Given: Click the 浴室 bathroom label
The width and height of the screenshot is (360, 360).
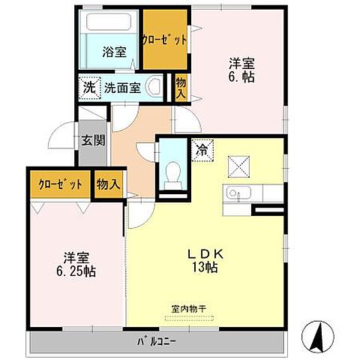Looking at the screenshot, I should pyautogui.click(x=115, y=52).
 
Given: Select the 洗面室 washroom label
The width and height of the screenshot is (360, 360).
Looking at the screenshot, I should pyautogui.click(x=122, y=87).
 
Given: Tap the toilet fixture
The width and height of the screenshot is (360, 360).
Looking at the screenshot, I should pyautogui.click(x=172, y=173).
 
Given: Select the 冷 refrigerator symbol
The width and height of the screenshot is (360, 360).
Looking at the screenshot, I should pyautogui.click(x=202, y=148).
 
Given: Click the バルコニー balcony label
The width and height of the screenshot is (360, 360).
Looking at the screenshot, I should pyautogui.click(x=156, y=343).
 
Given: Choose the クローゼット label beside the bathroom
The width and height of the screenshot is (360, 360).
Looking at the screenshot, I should pyautogui.click(x=164, y=39).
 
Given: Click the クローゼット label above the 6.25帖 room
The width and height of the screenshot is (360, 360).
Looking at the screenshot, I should pyautogui.click(x=60, y=184).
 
